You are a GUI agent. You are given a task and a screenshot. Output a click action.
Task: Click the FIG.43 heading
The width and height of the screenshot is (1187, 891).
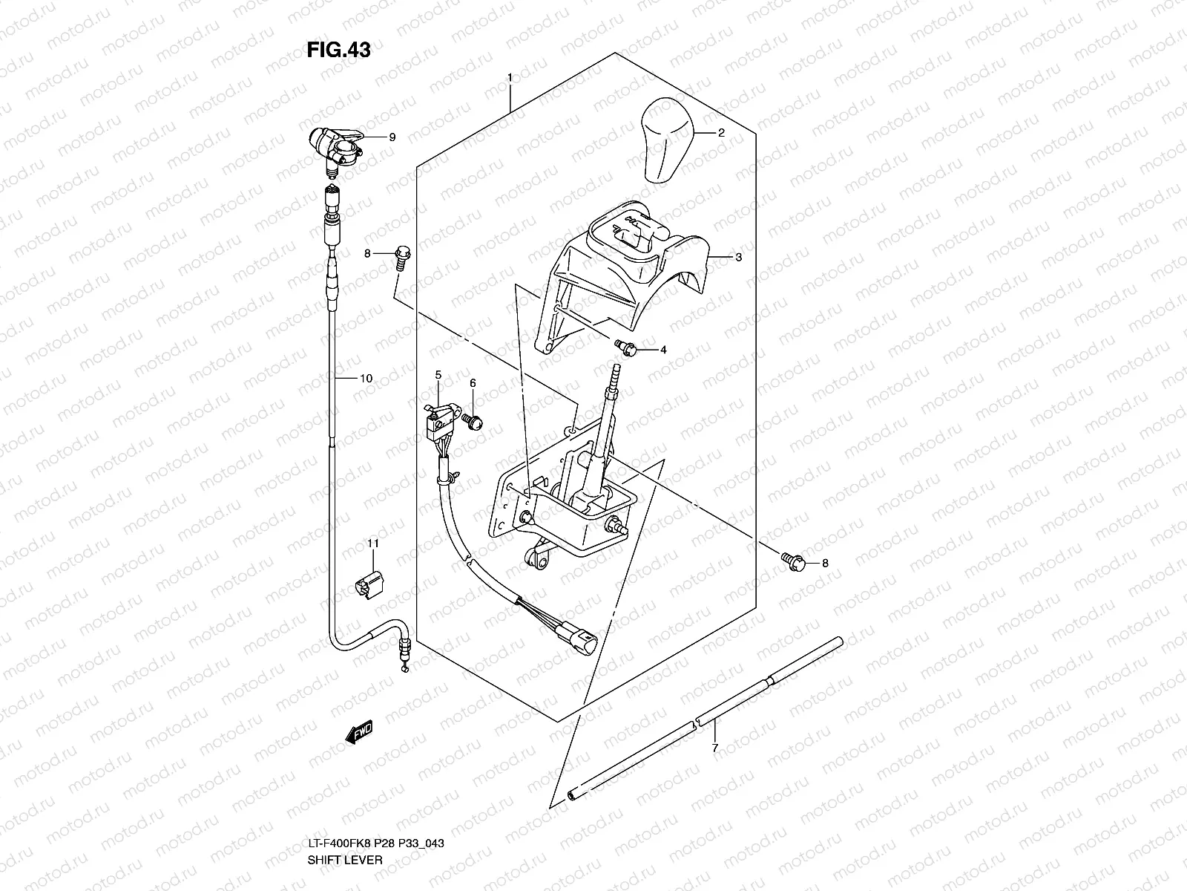pos(338,50)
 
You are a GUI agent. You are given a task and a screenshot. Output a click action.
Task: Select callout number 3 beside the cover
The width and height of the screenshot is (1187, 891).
pos(738,258)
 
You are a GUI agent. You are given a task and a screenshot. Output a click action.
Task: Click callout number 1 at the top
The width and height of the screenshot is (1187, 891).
pos(510,77)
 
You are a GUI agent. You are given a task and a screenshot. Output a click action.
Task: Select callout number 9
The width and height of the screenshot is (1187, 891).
pos(392,137)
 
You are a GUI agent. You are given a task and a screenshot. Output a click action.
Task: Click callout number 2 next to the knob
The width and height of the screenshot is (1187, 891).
pos(720,133)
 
